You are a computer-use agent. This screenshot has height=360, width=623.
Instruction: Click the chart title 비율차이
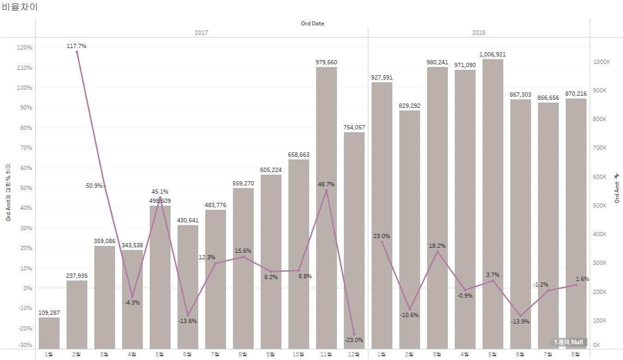[20, 7]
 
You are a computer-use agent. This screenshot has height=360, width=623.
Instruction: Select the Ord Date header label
[312, 24]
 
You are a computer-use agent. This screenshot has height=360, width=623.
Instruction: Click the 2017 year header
[202, 33]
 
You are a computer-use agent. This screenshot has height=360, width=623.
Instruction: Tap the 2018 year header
[479, 33]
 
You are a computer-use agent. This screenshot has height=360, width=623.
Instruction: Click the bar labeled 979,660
[326, 208]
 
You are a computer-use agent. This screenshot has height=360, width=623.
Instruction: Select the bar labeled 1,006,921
[493, 203]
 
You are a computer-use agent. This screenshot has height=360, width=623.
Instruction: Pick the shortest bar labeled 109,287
[49, 333]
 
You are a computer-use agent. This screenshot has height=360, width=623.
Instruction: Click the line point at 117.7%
[77, 52]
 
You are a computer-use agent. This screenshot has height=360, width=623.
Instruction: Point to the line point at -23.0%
[354, 334]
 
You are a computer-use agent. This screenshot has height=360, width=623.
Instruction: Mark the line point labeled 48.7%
[326, 190]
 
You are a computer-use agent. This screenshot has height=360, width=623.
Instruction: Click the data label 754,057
[354, 127]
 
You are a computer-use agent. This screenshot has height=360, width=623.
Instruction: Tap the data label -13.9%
[520, 322]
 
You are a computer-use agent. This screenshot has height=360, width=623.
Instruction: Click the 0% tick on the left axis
[27, 288]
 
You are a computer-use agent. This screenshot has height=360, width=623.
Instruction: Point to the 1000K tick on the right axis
[602, 62]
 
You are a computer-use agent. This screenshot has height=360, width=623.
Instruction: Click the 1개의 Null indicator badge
[568, 342]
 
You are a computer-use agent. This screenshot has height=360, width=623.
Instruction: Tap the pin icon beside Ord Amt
[616, 176]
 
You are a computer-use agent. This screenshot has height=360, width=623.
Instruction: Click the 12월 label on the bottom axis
[354, 354]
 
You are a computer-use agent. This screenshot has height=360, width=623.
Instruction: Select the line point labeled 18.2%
[437, 251]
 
